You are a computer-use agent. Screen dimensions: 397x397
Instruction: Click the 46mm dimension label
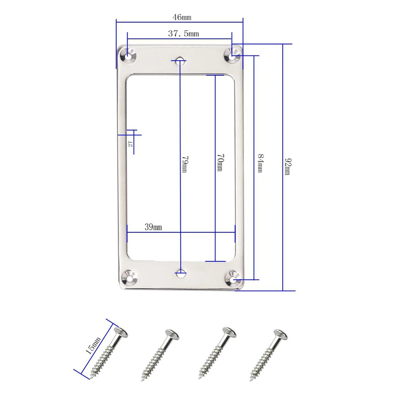click(x=182, y=17)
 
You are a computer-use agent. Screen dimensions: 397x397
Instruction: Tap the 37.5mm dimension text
click(x=183, y=33)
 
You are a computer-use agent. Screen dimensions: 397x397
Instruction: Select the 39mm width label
click(x=153, y=227)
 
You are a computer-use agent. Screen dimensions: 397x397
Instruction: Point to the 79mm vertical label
click(x=184, y=164)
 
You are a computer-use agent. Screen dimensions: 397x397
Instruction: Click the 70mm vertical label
click(x=220, y=162)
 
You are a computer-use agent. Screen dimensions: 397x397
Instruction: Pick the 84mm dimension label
click(x=260, y=163)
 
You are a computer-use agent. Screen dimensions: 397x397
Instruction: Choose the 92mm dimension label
click(x=287, y=167)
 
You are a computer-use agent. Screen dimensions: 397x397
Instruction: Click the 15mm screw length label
click(x=93, y=345)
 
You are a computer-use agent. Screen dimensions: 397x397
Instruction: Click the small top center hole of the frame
click(x=181, y=60)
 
